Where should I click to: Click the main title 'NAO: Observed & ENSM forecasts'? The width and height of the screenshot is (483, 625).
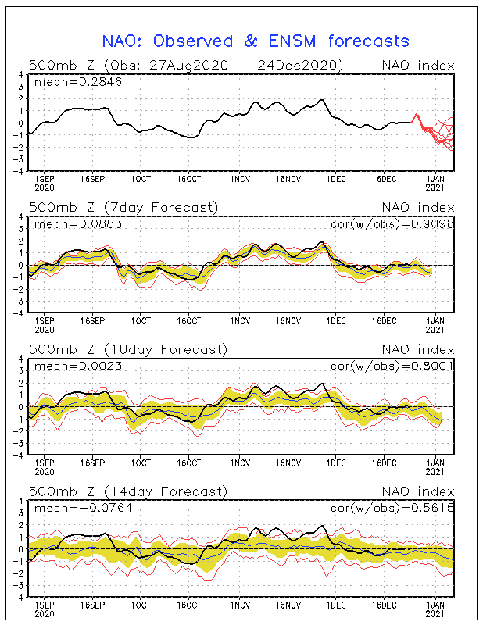pos(256,41)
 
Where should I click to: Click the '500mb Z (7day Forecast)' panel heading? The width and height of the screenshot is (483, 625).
pos(124,207)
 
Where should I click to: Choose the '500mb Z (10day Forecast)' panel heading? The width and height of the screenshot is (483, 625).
pos(128,349)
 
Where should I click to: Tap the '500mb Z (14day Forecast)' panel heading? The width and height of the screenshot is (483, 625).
pos(128,491)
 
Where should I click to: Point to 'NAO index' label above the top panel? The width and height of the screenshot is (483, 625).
pos(417,66)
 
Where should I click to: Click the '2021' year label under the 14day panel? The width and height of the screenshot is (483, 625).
pos(436,614)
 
